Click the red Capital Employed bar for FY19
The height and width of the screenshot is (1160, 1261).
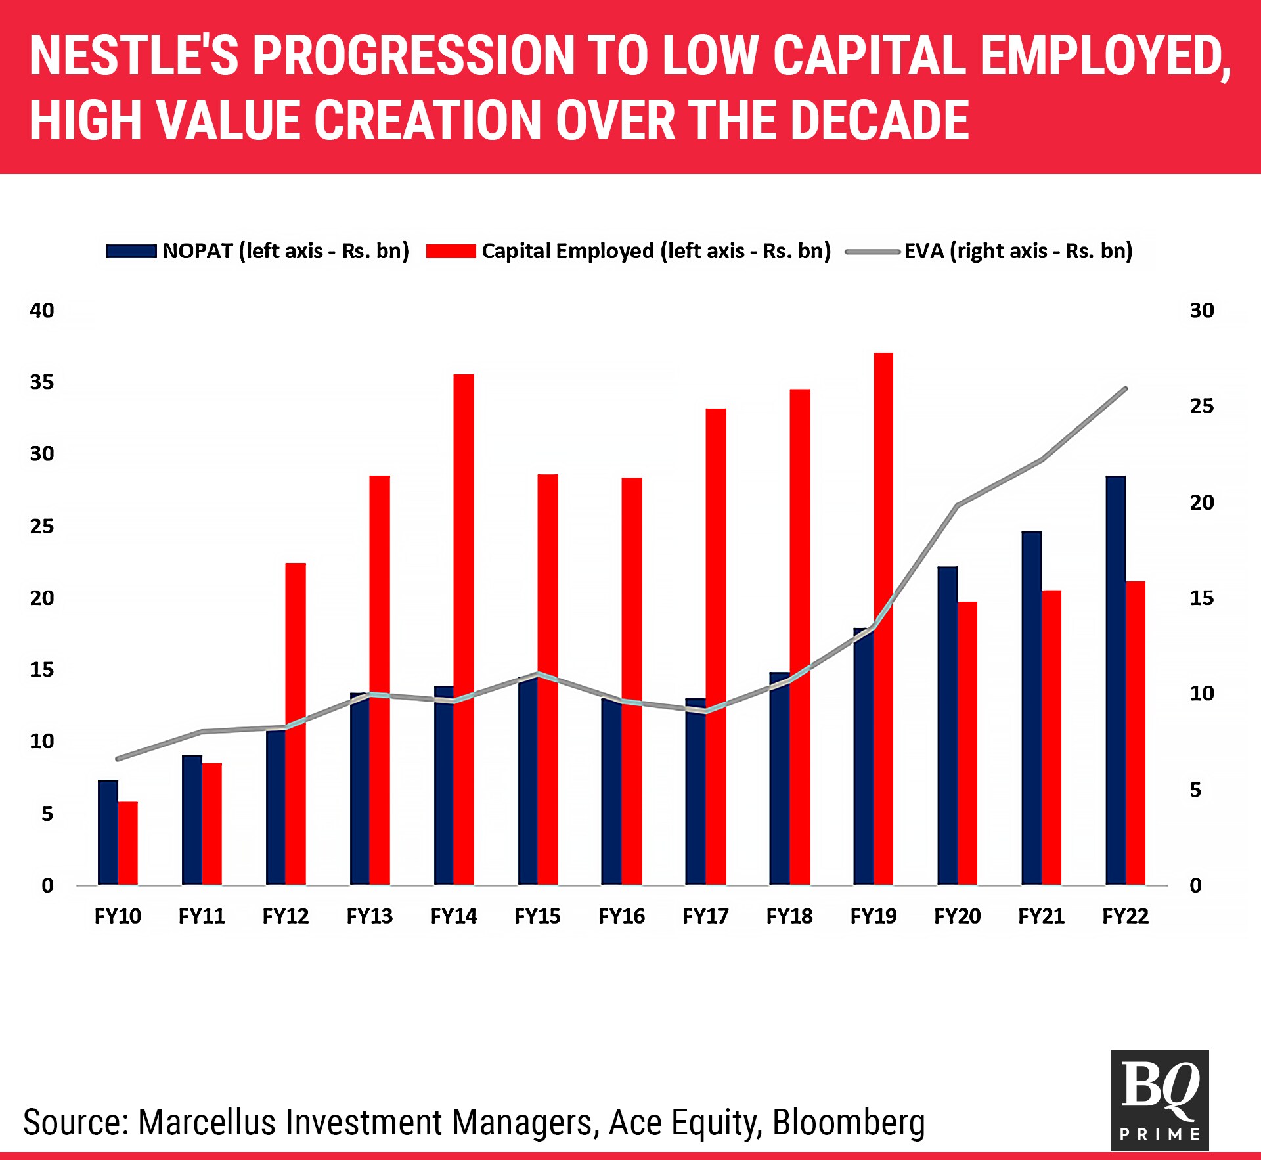pos(883,617)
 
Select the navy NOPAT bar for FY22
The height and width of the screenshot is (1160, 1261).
pos(1115,680)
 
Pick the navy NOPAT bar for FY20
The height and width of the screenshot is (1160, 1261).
pos(947,725)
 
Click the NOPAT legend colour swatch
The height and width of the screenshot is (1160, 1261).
pos(131,251)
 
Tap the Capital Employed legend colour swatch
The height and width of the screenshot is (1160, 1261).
pos(451,251)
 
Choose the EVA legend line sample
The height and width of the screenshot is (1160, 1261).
pos(872,251)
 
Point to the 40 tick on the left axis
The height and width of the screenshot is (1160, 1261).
pos(42,310)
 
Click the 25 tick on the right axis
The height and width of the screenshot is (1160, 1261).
pos(1201,406)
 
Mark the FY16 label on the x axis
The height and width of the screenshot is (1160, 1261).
pos(621,916)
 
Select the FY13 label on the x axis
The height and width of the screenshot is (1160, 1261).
pos(369,916)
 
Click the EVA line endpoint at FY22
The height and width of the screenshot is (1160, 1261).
pos(1126,389)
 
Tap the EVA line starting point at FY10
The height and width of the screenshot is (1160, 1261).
pos(118,759)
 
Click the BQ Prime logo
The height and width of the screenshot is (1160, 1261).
pos(1159,1100)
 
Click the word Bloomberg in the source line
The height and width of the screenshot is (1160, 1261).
pos(849,1122)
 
